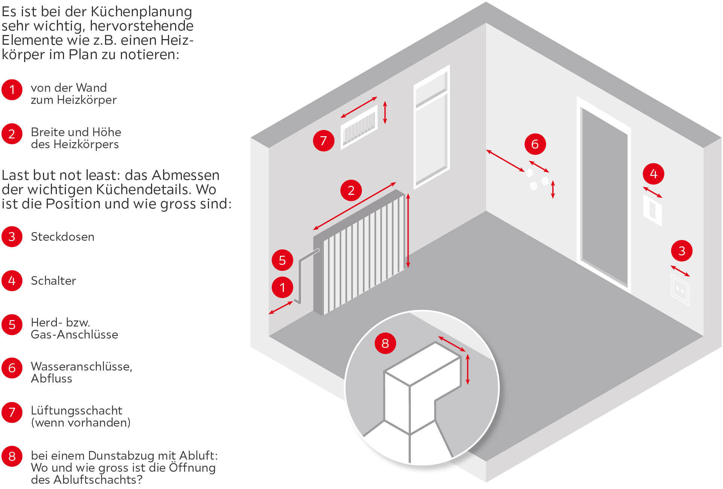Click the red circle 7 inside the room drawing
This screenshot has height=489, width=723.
click(x=323, y=141)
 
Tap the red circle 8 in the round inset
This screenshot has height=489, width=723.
click(x=385, y=343)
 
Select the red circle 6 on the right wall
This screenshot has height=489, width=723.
click(x=535, y=144)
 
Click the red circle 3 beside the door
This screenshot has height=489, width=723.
click(x=682, y=251)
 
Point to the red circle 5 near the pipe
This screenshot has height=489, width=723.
click(x=282, y=260)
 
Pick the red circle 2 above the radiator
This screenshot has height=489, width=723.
click(x=351, y=190)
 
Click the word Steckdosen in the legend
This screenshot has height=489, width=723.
click(x=63, y=237)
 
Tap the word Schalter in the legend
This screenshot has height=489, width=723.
click(x=53, y=281)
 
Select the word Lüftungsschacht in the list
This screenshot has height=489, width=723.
click(x=76, y=410)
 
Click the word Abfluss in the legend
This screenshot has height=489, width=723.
click(x=52, y=378)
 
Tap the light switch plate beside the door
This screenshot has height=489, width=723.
click(x=652, y=211)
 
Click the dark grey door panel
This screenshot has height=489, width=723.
click(x=604, y=196)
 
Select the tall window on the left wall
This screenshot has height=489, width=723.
click(x=432, y=128)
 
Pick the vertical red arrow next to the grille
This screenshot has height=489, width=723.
click(x=385, y=112)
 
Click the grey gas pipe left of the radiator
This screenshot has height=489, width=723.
click(x=300, y=278)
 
